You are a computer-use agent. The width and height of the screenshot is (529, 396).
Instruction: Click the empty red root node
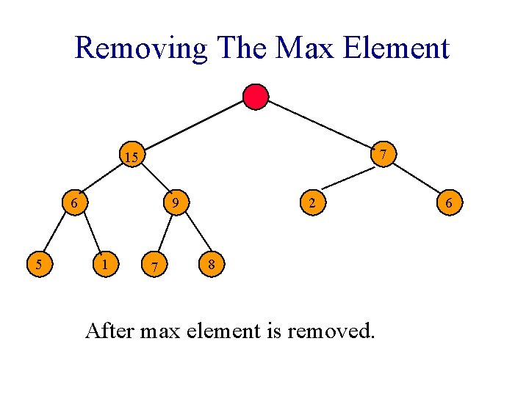point(256,97)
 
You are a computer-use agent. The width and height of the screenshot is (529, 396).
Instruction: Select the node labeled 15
point(132,156)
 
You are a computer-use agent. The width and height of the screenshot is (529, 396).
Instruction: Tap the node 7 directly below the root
point(382,155)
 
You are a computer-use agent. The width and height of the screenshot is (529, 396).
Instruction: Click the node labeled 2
point(313,202)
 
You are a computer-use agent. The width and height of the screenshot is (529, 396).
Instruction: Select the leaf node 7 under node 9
point(153,265)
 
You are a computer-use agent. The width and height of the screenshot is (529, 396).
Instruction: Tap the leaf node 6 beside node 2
point(450,202)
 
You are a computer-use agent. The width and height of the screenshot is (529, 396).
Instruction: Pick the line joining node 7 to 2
point(348,178)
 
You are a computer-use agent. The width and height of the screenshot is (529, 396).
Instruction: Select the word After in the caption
point(109,331)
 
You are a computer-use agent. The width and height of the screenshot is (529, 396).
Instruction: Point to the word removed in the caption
point(331,331)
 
